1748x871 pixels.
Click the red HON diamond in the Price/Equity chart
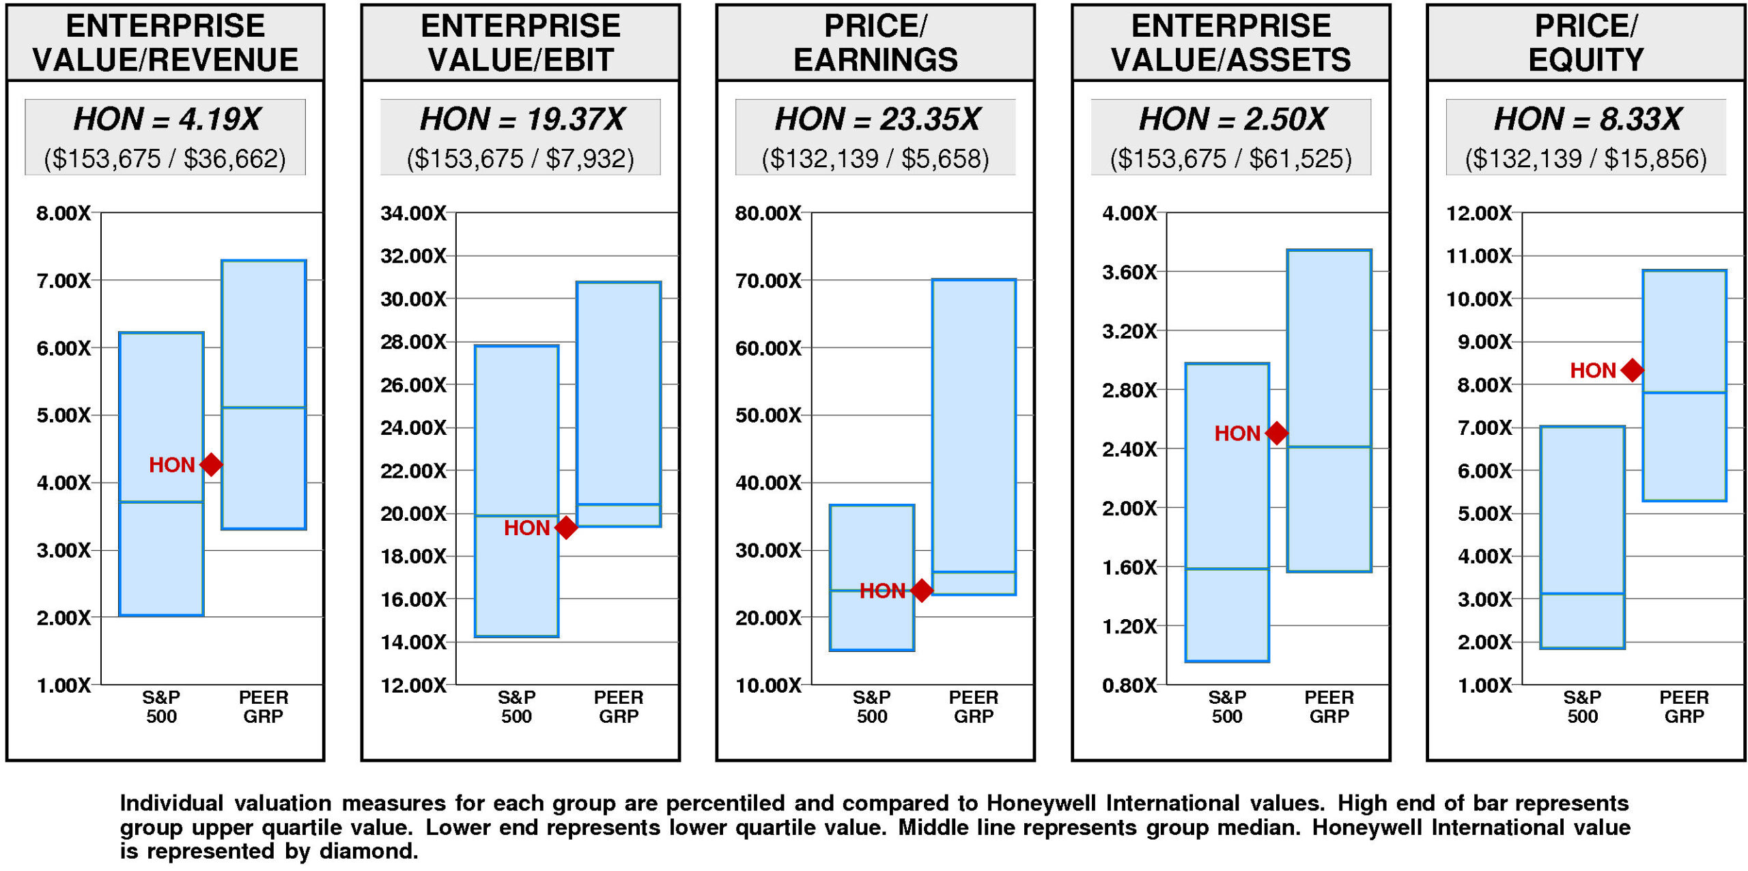click(x=1632, y=370)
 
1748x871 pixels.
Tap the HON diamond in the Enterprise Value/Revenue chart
click(x=212, y=465)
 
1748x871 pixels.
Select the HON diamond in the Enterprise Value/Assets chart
click(x=1277, y=433)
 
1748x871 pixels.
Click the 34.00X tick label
click(x=413, y=214)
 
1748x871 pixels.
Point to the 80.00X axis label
click(x=768, y=214)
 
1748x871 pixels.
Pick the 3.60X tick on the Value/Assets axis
click(x=1129, y=273)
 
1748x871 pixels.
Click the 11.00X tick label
click(x=1479, y=257)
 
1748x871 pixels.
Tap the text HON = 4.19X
click(x=166, y=119)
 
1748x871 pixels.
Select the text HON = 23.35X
click(x=877, y=119)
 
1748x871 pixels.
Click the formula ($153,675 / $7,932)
click(x=520, y=159)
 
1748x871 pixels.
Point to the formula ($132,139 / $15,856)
click(x=1585, y=159)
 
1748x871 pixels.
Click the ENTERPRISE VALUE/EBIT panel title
click(x=520, y=42)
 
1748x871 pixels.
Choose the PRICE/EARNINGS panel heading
click(x=875, y=42)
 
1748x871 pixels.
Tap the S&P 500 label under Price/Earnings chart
click(x=872, y=706)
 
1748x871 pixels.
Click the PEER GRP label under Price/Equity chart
click(x=1684, y=706)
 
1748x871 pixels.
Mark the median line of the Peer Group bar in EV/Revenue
click(x=264, y=408)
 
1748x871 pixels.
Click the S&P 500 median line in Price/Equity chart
click(x=1582, y=593)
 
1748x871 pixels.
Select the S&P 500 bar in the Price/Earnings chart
click(x=872, y=546)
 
